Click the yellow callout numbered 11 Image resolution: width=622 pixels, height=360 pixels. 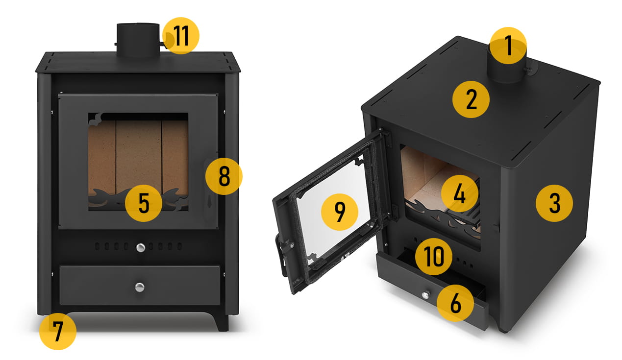tap(181, 36)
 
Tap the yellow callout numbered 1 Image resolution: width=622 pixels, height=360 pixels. tap(508, 46)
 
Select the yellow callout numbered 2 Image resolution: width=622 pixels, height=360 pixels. tap(471, 99)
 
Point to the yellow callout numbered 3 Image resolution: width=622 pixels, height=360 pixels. tap(554, 203)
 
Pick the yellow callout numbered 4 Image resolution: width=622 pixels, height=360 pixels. tap(460, 193)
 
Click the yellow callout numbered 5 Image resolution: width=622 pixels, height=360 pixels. tap(144, 203)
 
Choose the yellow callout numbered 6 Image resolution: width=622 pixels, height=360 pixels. tap(455, 303)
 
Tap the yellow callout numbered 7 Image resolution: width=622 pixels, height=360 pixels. tap(58, 332)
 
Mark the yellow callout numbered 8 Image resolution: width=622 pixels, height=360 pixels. tap(224, 176)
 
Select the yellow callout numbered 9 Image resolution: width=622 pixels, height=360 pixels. tap(340, 212)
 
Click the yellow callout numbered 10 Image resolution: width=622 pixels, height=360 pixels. tap(434, 257)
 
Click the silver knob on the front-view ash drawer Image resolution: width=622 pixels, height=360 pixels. tap(140, 288)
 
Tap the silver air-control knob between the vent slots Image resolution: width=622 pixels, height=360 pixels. tap(141, 247)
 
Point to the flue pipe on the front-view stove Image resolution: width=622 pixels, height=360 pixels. tap(138, 40)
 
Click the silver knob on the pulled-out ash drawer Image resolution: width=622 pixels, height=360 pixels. tap(425, 294)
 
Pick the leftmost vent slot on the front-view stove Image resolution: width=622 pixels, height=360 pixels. tap(97, 246)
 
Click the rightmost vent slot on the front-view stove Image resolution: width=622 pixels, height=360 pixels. tap(180, 246)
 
